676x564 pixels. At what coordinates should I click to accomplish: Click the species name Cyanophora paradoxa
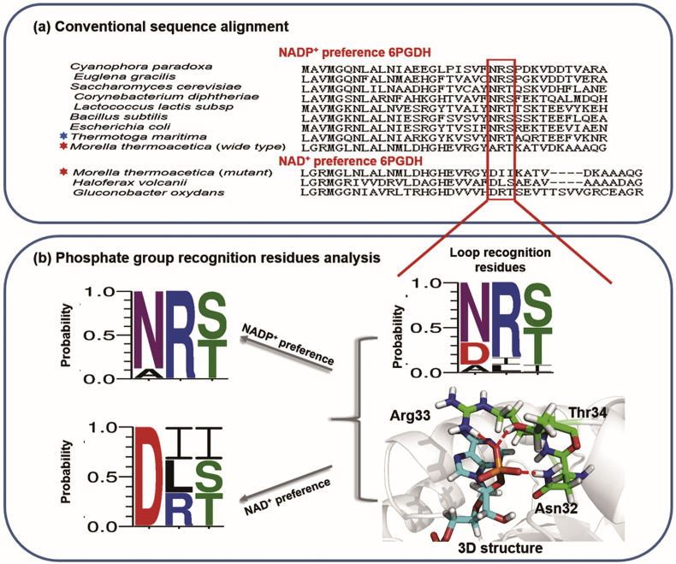coord(116,67)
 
